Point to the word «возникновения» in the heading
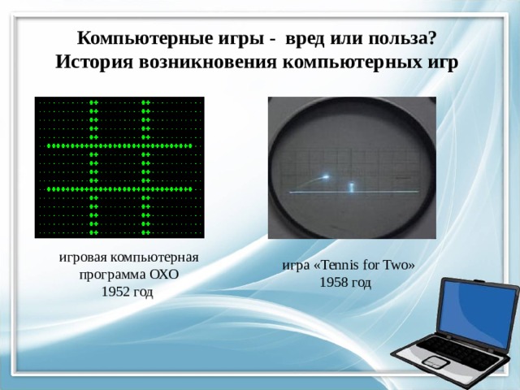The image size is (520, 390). pos(207,63)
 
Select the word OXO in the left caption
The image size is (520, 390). pos(164,275)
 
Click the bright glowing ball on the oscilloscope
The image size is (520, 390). pos(326,177)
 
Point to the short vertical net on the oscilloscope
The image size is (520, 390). pos(351,187)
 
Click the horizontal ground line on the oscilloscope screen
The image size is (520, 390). pos(353,192)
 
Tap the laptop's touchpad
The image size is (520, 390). pos(434,361)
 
